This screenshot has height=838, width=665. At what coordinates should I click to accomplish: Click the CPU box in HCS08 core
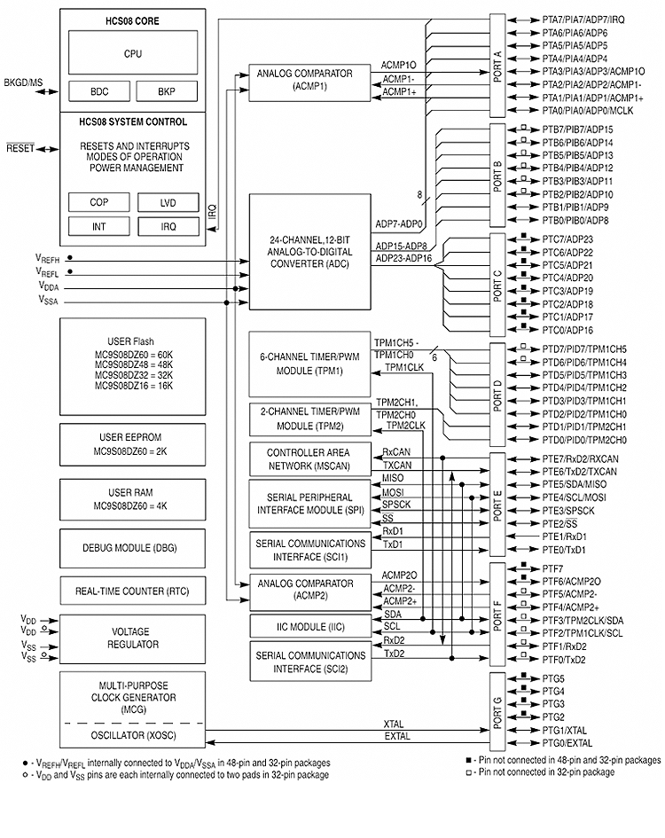(132, 54)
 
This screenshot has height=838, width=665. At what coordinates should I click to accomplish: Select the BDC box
(99, 91)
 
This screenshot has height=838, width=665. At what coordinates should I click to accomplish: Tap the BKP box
(167, 91)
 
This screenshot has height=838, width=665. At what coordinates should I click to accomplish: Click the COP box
(99, 202)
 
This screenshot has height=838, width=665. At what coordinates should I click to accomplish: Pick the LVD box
(168, 202)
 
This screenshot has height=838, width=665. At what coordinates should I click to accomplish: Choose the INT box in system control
(99, 226)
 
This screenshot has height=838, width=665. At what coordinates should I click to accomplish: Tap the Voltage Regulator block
(132, 638)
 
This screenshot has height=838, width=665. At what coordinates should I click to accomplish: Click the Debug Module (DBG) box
(132, 547)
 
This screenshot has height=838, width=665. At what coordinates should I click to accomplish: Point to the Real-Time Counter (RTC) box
(132, 591)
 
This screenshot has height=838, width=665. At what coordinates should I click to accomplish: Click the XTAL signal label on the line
(393, 725)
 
